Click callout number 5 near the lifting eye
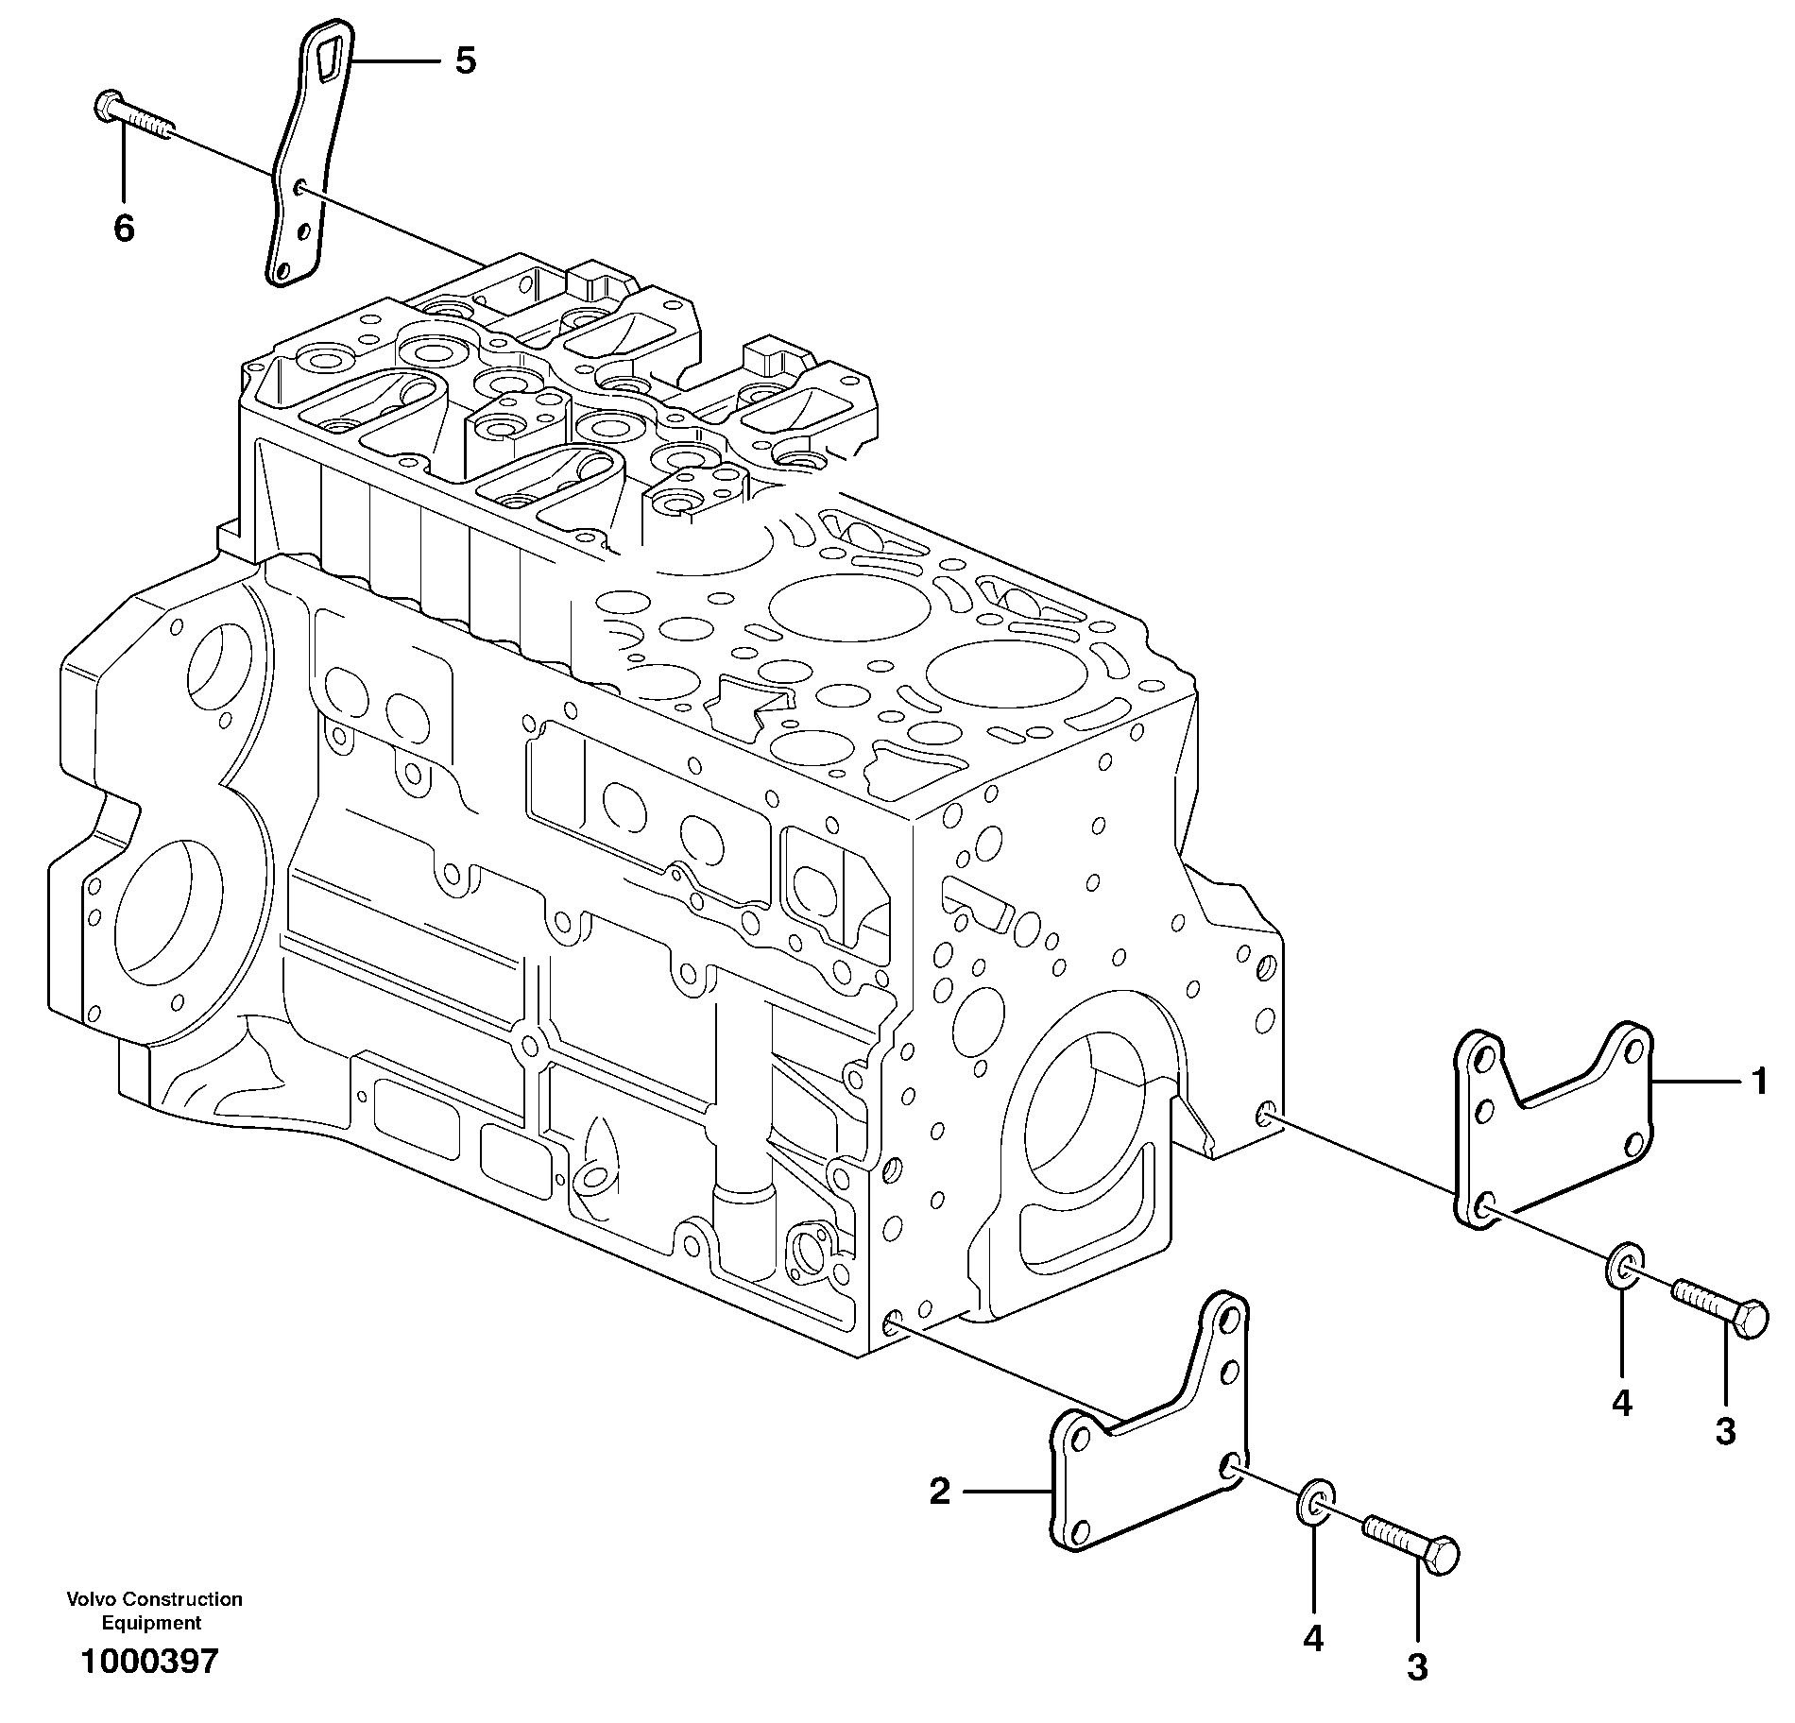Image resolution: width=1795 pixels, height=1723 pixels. click(x=465, y=61)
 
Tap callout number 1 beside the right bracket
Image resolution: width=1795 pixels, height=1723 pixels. click(x=1758, y=1081)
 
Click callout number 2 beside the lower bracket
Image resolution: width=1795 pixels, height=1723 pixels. click(x=938, y=1492)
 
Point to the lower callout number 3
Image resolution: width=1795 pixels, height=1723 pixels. click(x=1417, y=1667)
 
